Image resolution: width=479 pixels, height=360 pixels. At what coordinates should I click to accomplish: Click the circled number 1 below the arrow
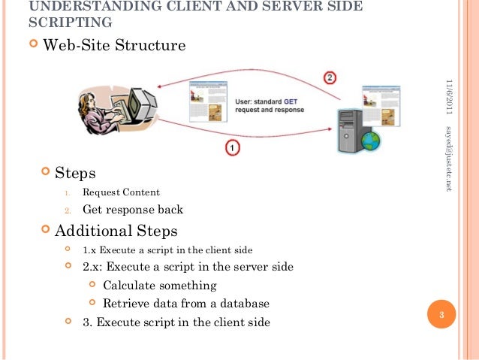tap(232, 149)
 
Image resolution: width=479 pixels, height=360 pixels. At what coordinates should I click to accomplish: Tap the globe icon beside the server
tap(370, 140)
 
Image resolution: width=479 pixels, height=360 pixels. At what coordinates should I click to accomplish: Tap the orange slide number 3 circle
tap(442, 315)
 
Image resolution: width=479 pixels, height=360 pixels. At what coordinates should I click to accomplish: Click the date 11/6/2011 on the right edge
tap(448, 96)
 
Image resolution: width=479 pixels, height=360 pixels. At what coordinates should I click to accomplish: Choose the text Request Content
tap(121, 192)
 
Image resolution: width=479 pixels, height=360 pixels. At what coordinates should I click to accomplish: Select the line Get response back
tap(133, 210)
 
